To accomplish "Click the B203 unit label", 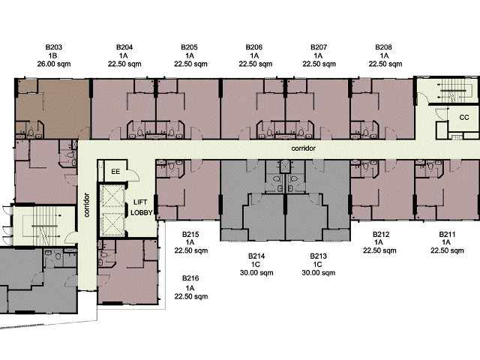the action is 54,47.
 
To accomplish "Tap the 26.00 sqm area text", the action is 54,64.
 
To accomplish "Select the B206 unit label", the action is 254,47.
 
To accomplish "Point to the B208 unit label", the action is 383,47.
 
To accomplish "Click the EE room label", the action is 115,172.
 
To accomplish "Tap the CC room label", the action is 464,118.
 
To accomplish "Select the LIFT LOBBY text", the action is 141,208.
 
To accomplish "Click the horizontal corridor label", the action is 303,148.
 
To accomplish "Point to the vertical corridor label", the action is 87,205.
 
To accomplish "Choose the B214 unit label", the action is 256,256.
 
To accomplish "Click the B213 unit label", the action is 318,256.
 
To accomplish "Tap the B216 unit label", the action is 190,278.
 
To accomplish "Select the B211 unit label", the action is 447,235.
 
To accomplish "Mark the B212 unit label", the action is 381,235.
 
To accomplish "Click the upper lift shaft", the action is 113,196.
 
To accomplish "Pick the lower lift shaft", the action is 113,224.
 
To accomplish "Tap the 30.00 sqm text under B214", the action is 256,273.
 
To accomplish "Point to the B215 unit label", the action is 190,235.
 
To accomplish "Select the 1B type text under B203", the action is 52,55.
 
